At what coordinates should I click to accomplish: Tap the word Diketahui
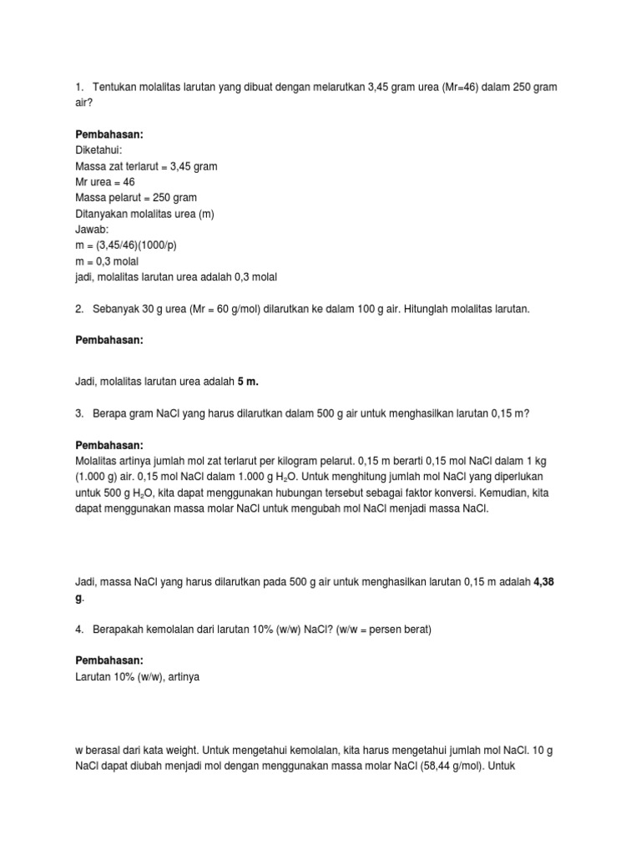98,150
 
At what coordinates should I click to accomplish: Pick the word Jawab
92,229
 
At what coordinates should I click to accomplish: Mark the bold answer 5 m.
248,381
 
